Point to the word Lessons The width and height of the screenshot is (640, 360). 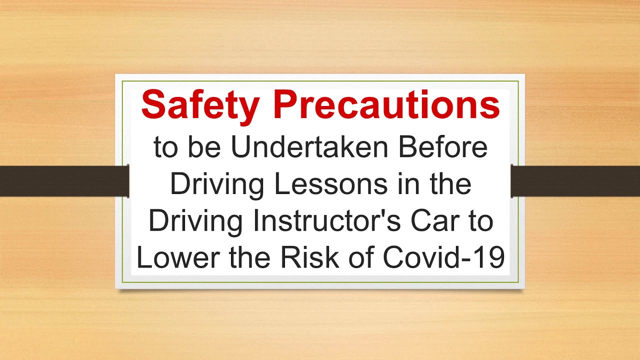pyautogui.click(x=328, y=184)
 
